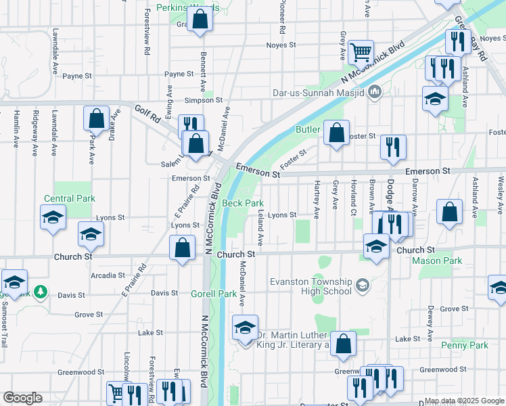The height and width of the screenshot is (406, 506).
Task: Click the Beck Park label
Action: tap(243, 203)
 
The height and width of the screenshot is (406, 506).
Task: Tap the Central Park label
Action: tap(70, 198)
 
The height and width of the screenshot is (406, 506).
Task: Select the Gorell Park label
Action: tap(214, 294)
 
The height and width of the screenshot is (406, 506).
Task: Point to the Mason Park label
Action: tap(436, 261)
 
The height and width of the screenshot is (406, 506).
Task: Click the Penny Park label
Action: tap(464, 345)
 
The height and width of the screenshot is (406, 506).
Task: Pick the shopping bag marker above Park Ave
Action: tap(96, 118)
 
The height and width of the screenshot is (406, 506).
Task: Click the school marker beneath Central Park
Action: tap(53, 218)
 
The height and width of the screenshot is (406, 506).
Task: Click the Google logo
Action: tap(22, 398)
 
